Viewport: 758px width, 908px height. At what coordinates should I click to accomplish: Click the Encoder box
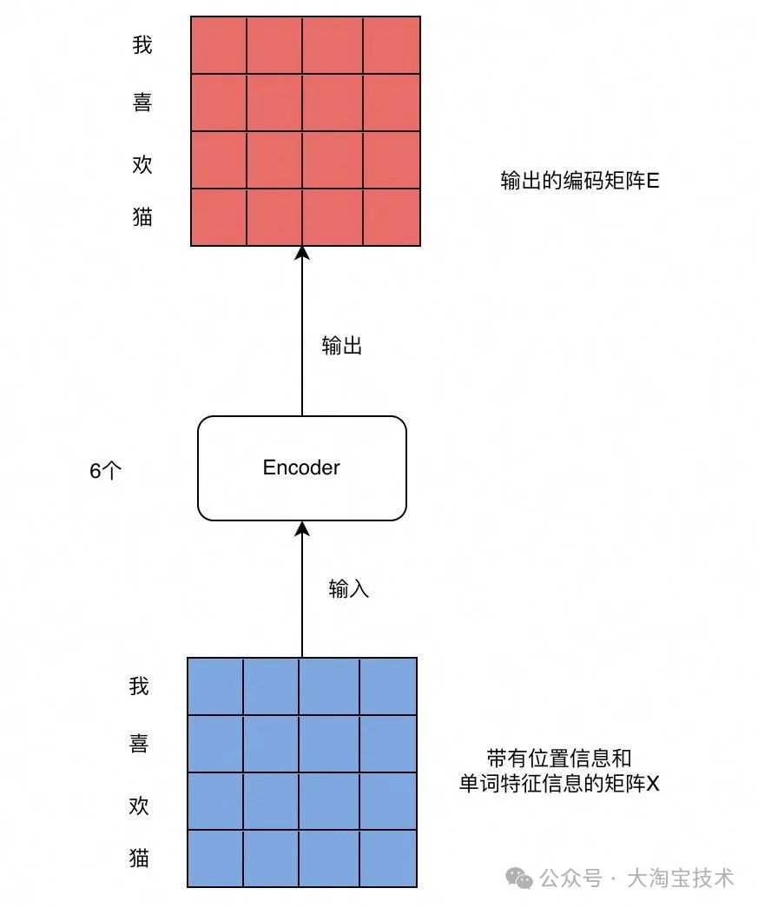[302, 468]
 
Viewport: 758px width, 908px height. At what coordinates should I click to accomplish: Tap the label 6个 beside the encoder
[106, 471]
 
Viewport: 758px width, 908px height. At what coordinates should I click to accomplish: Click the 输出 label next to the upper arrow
[341, 347]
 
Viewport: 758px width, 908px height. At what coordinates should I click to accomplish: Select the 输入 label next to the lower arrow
[349, 589]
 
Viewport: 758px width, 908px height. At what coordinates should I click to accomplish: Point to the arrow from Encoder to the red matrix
[302, 330]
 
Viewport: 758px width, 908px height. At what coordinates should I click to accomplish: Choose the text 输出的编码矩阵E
[579, 182]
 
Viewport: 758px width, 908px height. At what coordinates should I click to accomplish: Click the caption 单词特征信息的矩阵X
[559, 783]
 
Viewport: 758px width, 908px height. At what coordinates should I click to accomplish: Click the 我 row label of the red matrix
[142, 45]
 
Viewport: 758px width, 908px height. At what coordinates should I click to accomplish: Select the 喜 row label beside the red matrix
[142, 103]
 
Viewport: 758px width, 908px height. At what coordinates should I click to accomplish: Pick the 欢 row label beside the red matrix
[142, 164]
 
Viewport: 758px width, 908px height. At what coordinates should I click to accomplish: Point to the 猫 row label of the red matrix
[142, 217]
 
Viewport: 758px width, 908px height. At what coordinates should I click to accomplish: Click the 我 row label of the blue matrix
[139, 687]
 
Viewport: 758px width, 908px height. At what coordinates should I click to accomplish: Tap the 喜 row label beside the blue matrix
[139, 744]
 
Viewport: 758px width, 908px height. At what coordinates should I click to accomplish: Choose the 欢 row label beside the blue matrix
[139, 805]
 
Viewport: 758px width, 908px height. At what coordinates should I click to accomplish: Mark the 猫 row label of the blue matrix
[139, 858]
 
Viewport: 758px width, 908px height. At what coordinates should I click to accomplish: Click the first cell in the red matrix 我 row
[219, 45]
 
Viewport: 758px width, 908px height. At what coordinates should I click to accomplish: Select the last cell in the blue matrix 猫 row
[387, 858]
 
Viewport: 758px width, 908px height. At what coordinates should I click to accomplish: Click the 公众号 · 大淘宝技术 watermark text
[636, 878]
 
